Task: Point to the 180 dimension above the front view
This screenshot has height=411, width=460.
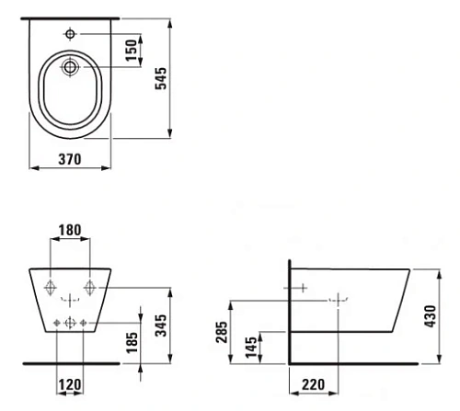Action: point(70,230)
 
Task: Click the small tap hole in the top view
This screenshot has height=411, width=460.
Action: point(70,33)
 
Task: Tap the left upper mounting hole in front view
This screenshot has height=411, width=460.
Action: point(50,286)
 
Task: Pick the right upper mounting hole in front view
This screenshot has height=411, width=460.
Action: point(89,286)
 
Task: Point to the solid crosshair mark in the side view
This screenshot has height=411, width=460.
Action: point(299,288)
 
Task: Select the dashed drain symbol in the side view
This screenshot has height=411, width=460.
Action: point(341,300)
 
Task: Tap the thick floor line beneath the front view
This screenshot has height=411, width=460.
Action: point(69,362)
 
